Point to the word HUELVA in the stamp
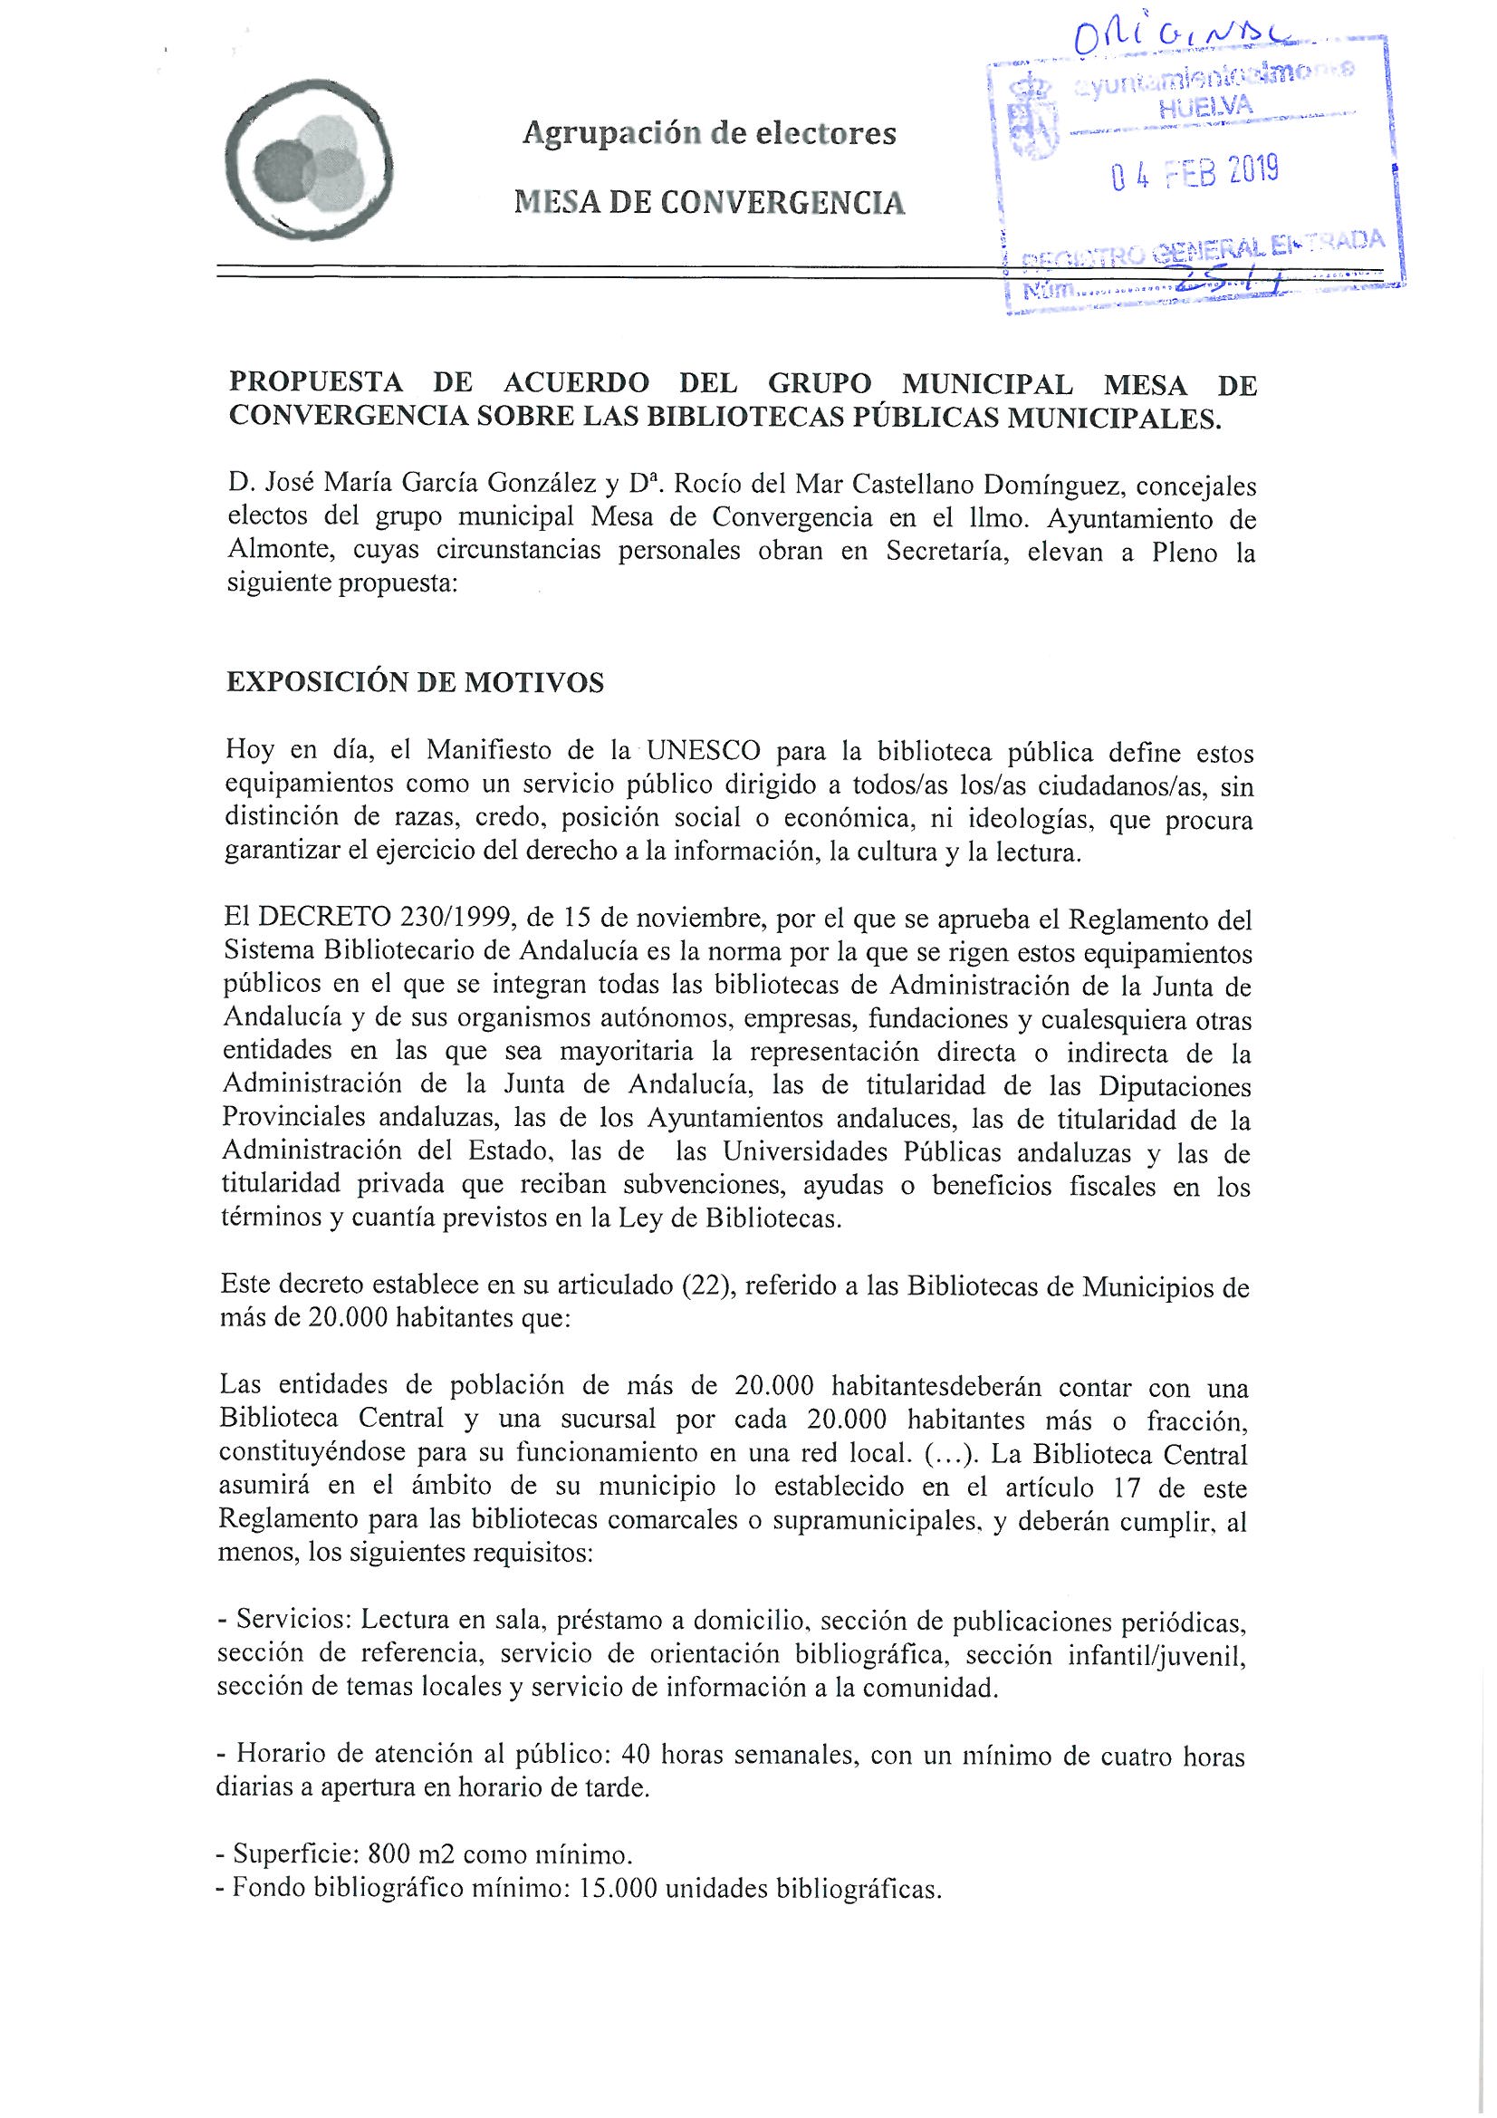pyautogui.click(x=1206, y=107)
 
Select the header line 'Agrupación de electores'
pyautogui.click(x=708, y=135)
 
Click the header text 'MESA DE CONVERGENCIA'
pyautogui.click(x=708, y=202)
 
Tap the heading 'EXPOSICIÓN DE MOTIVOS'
pyautogui.click(x=415, y=683)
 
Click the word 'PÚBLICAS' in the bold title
pyautogui.click(x=928, y=417)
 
